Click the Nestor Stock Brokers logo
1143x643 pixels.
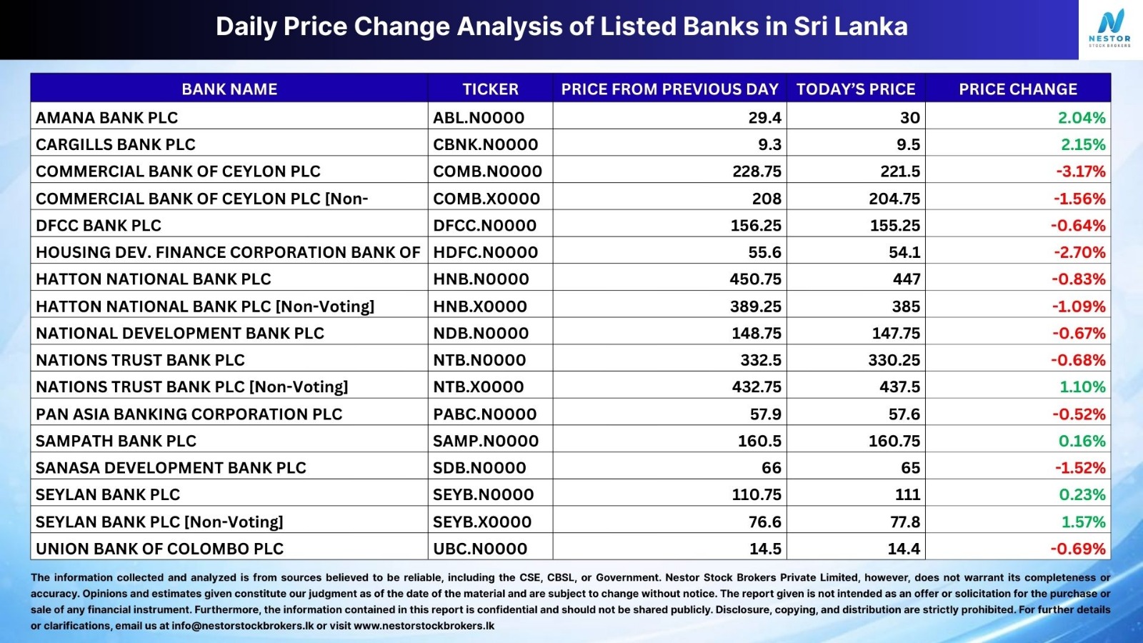pos(1110,29)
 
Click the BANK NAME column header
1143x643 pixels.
pos(229,89)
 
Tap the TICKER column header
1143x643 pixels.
pos(490,89)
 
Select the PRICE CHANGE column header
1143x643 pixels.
pos(1018,89)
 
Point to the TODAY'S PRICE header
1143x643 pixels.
pos(856,89)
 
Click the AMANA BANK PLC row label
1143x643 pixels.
pos(106,118)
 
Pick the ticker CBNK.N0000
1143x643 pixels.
pos(485,144)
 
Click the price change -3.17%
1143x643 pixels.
pos(1080,171)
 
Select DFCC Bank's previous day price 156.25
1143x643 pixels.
pos(756,226)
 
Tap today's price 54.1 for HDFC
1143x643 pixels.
pos(904,253)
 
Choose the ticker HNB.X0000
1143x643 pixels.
pos(479,306)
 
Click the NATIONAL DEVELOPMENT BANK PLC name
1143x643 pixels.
pos(180,333)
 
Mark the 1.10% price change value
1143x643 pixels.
pos(1082,387)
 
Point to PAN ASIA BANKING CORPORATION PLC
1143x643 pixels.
pos(189,414)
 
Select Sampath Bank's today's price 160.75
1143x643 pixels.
pos(894,441)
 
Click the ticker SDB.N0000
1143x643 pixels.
pos(479,468)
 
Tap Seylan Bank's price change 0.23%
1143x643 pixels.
pos(1082,494)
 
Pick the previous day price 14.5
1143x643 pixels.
pos(765,549)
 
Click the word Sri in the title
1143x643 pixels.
pos(811,26)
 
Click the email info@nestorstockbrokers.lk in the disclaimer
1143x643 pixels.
pos(242,626)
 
